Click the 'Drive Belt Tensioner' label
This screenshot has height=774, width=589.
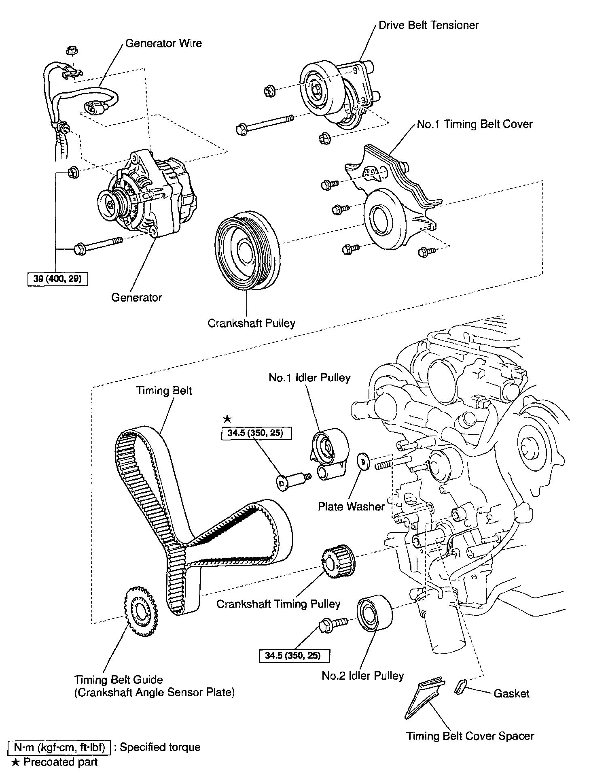(x=428, y=25)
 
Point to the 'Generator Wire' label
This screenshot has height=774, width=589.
(x=163, y=43)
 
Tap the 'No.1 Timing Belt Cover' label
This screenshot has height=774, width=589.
(x=475, y=124)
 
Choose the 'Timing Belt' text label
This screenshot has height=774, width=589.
(x=164, y=390)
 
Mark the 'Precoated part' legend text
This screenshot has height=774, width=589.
(x=61, y=762)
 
